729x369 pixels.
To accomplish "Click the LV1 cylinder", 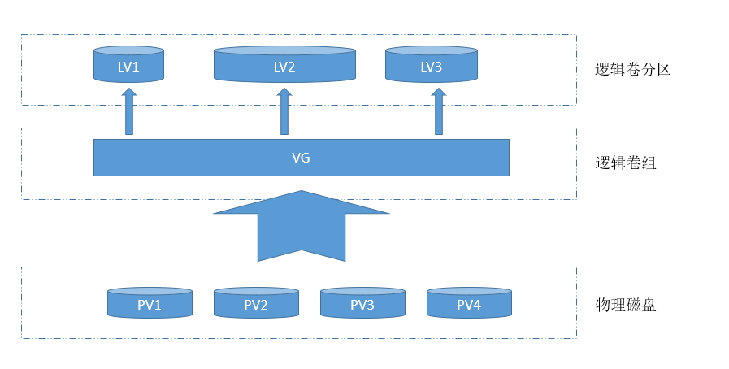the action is [x=128, y=64].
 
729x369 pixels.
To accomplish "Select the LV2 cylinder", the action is [x=284, y=64].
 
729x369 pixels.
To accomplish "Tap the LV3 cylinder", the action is [x=432, y=64].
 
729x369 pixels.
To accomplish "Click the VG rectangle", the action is [x=302, y=158].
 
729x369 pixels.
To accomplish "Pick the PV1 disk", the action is [x=150, y=302].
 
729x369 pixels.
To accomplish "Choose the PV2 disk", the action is [x=256, y=302].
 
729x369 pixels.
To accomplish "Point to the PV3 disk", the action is [x=362, y=302].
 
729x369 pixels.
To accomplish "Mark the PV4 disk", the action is [x=469, y=302].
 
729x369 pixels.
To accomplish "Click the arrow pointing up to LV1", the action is [x=129, y=111].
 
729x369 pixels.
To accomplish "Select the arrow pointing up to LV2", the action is [x=284, y=111].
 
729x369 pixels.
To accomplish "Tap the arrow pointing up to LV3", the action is [x=438, y=111].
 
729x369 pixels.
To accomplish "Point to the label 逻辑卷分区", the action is [x=633, y=69].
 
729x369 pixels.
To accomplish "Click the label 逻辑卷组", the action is [x=626, y=163].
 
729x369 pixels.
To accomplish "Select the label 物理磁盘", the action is [x=626, y=305].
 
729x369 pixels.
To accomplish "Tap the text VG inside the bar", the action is [x=301, y=158].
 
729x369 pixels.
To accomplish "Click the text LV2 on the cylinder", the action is [x=284, y=67].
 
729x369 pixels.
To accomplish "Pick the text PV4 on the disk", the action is [x=469, y=305].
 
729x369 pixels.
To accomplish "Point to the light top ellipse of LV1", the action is [x=128, y=50].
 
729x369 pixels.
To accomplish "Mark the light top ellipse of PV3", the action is [x=362, y=292].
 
